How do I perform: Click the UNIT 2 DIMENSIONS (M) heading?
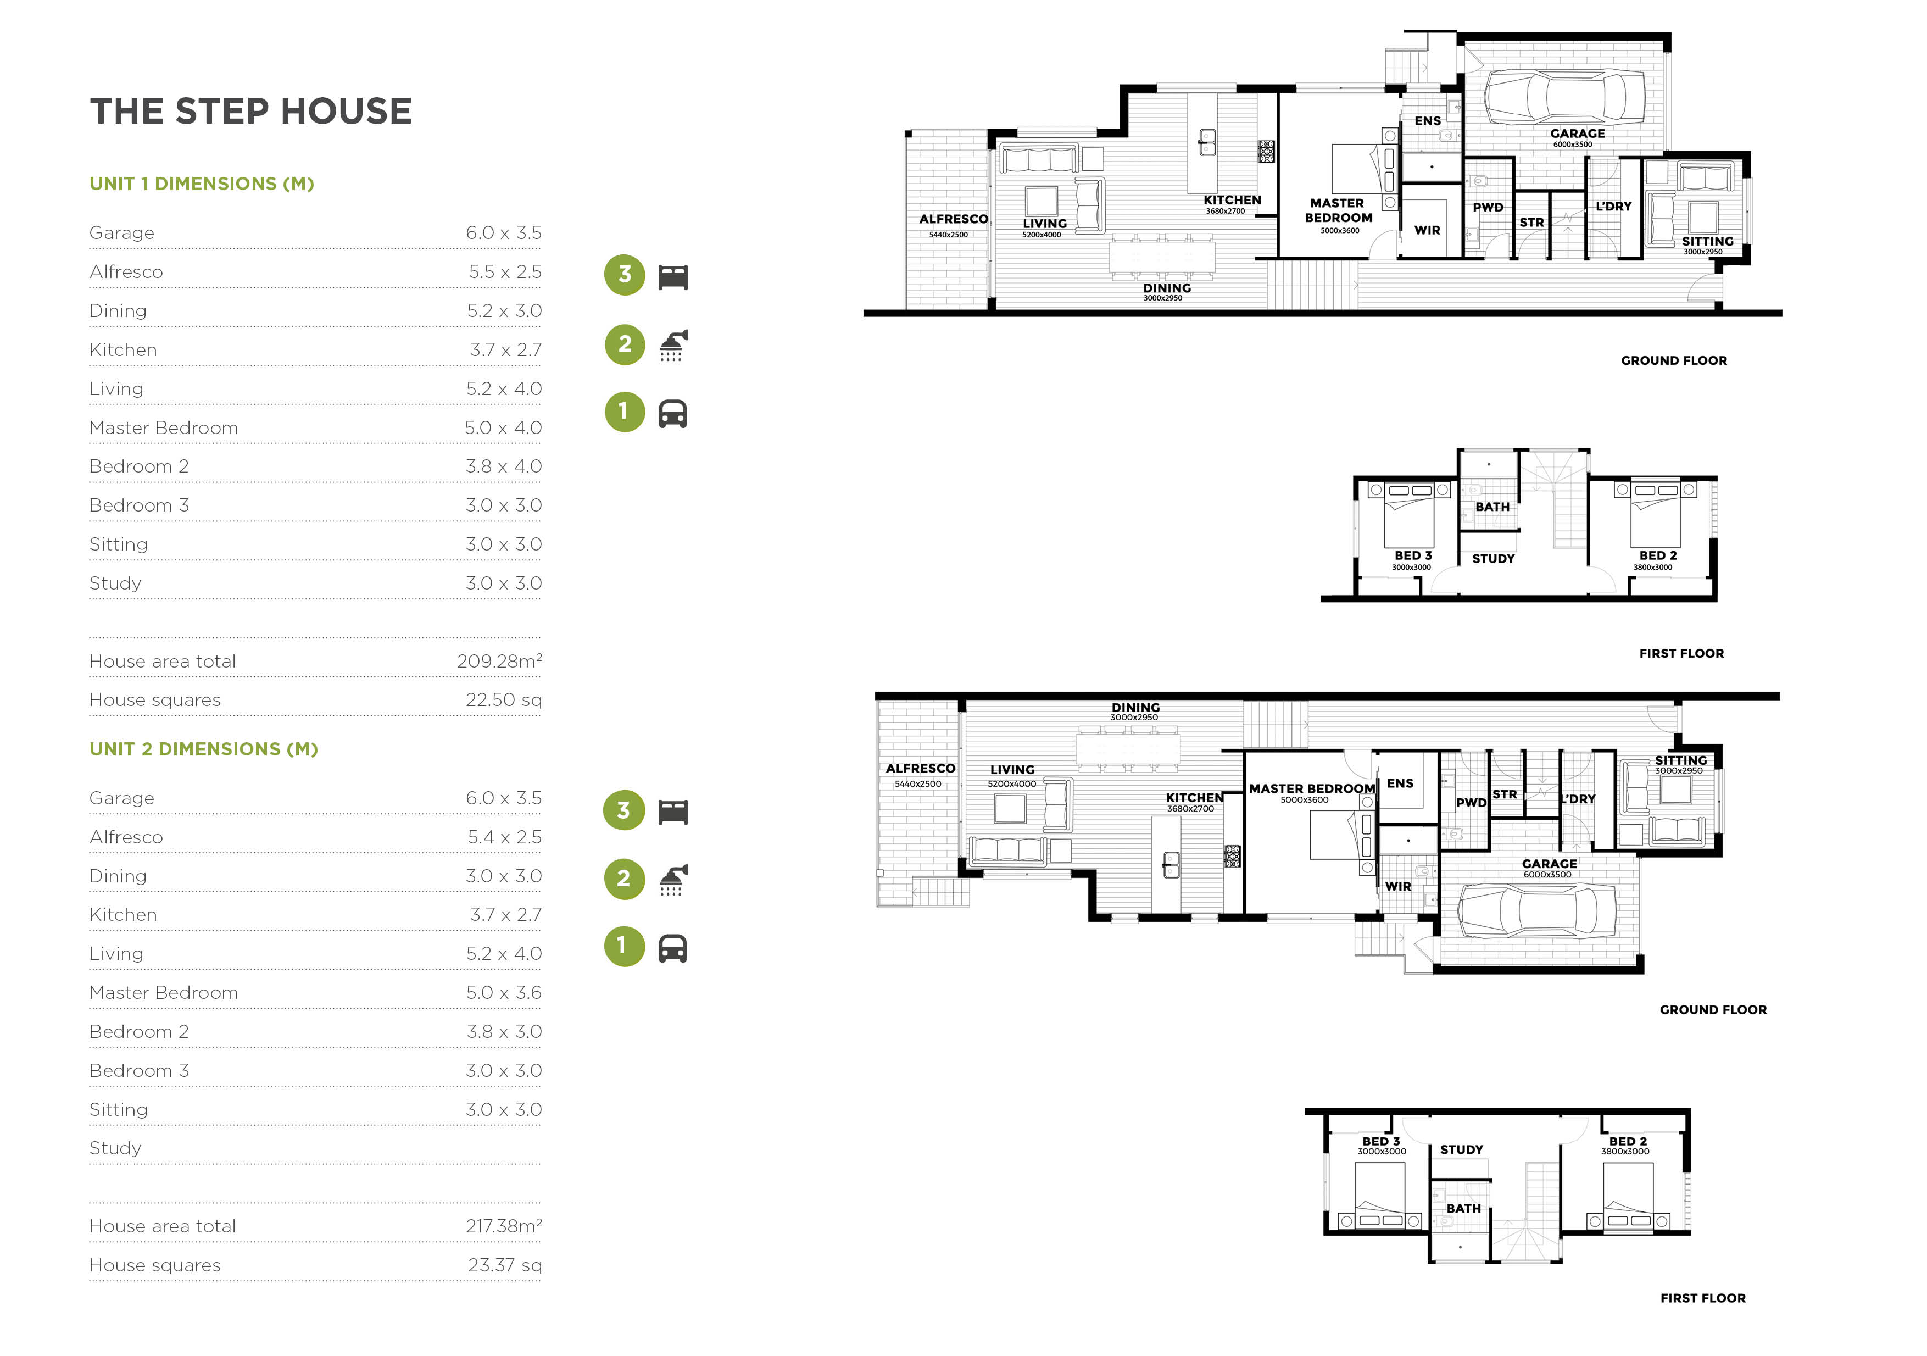pos(203,749)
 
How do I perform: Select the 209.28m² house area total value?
pos(499,662)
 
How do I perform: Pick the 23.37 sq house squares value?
pos(504,1265)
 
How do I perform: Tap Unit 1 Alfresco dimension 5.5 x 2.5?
pos(504,272)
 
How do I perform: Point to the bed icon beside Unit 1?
pos(673,277)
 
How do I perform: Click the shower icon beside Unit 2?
pos(673,880)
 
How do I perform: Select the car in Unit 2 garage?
pos(1538,911)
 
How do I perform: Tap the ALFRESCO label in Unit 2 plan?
pos(920,768)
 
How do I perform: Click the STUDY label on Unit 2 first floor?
pos(1461,1149)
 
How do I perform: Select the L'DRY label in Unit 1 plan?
pos(1612,207)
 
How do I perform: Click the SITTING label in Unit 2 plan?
pos(1680,760)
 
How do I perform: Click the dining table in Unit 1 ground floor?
pos(1162,255)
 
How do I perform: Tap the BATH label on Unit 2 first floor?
pos(1463,1208)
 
